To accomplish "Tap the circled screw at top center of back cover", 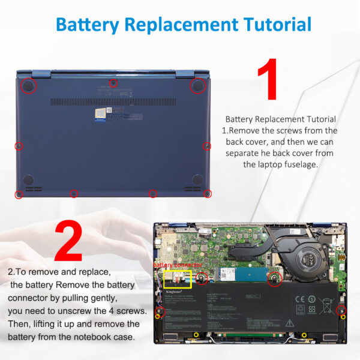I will (x=113, y=82).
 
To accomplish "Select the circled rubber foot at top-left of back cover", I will (x=28, y=86).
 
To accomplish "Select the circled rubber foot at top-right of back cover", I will (x=197, y=86).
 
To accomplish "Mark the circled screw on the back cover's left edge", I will (x=19, y=146).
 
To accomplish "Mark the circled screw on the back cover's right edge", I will (x=207, y=146).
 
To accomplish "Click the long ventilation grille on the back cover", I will (x=113, y=102).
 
